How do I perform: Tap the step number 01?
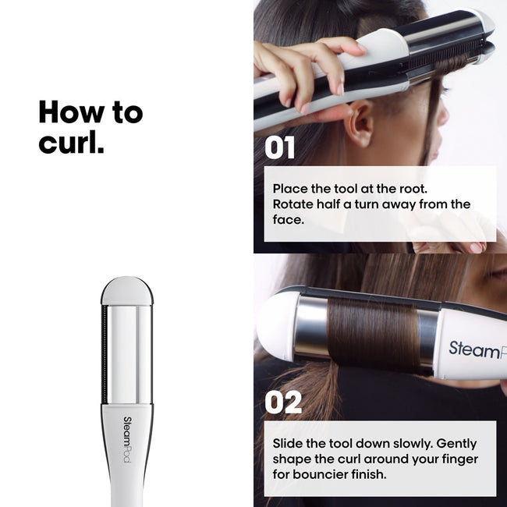280,148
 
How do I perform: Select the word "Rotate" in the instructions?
293,204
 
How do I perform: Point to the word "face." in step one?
288,220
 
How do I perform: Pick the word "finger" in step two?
458,459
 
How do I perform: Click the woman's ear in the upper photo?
361,124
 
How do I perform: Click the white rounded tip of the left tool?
126,289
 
